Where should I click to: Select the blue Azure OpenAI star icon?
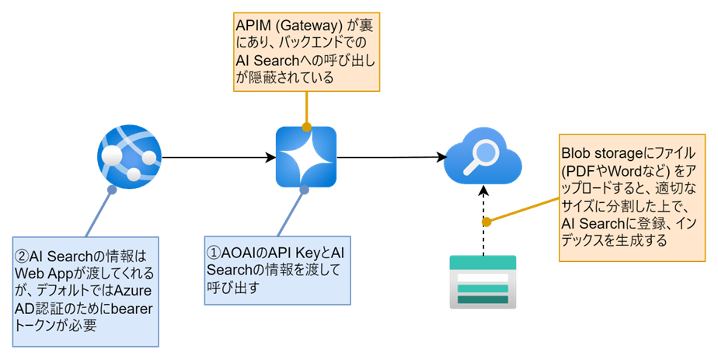click(306, 157)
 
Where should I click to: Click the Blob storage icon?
click(483, 282)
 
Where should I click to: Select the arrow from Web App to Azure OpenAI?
click(218, 157)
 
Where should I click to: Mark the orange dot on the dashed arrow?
click(486, 222)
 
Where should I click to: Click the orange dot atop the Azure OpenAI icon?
click(306, 126)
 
